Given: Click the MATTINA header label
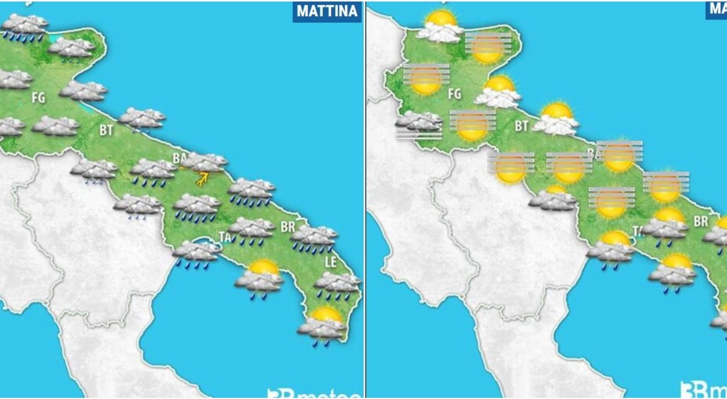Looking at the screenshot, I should point(327,11).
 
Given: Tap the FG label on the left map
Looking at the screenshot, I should point(38,98).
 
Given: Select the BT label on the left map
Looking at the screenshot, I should point(106,130).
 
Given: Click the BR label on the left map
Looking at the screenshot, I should point(288,227).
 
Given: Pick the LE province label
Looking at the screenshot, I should point(331,262).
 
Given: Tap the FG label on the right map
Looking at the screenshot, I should point(454,93).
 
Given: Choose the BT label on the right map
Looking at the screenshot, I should point(521,126).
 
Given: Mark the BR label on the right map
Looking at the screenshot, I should point(701,221).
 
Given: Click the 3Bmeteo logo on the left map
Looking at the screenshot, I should point(314,392).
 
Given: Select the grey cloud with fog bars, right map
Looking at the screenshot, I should point(419,124).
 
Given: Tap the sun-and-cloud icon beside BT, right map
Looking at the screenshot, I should point(558,119).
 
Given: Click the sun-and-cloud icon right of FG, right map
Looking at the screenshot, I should point(498,92).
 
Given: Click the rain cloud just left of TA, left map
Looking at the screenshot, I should point(197,252).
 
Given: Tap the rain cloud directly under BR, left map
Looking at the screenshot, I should point(314,238).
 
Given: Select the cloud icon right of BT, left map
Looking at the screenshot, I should point(141,118).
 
